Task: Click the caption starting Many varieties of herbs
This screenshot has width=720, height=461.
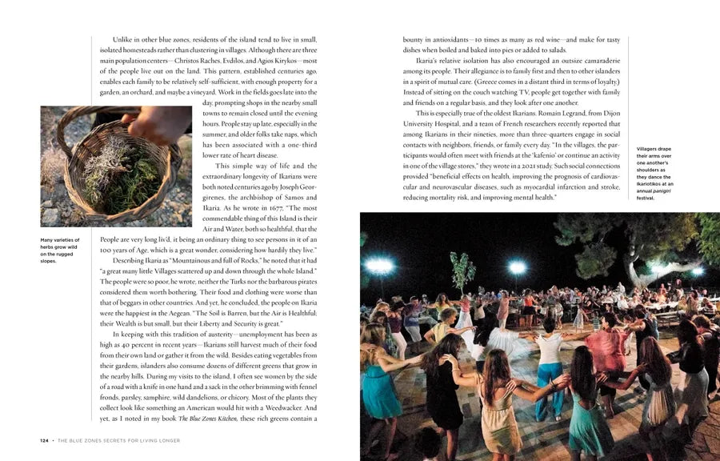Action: point(60,250)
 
